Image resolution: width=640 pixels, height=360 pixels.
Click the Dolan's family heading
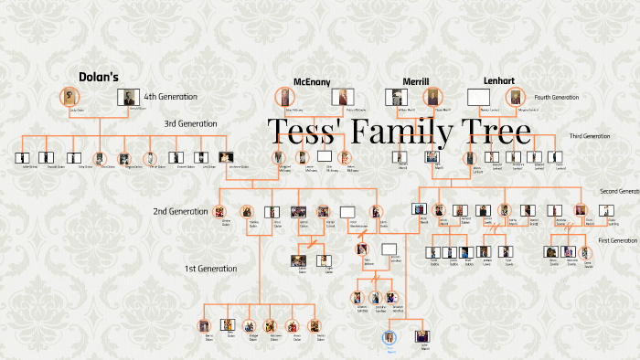[99, 78]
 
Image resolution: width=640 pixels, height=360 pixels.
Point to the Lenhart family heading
[498, 80]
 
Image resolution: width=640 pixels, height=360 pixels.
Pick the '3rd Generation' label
[190, 123]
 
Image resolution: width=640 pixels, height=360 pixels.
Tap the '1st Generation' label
[211, 269]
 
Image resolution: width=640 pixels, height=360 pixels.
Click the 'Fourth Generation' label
[557, 97]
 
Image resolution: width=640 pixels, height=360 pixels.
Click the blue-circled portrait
[390, 336]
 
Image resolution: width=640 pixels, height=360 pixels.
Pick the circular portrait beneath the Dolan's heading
[69, 96]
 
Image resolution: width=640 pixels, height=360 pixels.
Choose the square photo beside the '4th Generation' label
[129, 98]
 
